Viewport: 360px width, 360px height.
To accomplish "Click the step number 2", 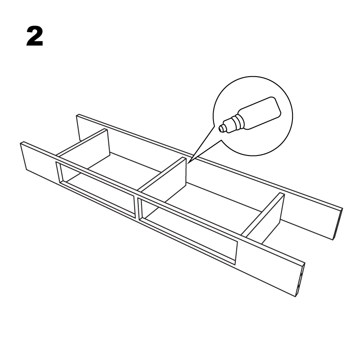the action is (34, 36).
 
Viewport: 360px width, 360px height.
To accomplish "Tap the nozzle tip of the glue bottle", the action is (221, 128).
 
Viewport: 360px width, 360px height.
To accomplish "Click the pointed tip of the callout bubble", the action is (188, 163).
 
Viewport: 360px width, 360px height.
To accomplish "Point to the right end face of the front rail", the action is (301, 279).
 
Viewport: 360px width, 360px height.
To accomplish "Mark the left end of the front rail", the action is (23, 156).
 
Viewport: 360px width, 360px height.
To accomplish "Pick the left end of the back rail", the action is (78, 127).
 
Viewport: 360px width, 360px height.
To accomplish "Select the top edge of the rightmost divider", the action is (263, 214).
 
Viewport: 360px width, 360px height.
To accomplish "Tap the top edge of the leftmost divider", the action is (82, 142).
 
